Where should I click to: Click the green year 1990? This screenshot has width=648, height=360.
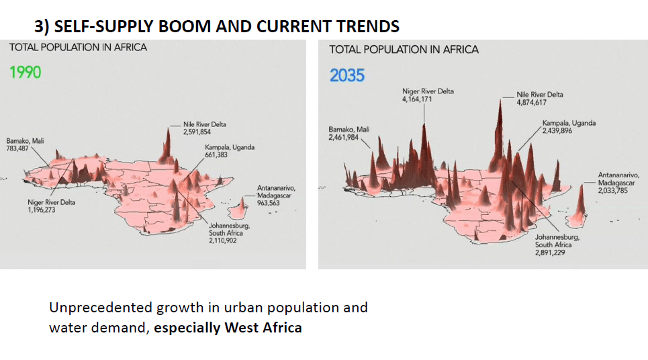tap(25, 72)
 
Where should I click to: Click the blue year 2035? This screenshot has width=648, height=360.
tap(346, 75)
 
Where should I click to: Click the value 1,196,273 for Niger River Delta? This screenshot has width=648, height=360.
tap(42, 210)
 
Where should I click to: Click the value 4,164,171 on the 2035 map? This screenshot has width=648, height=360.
tap(417, 99)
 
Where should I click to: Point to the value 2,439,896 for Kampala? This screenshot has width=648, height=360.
tap(558, 131)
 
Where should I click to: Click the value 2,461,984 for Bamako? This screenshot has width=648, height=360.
tap(344, 137)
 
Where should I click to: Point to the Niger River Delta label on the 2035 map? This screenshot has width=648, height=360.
tap(428, 91)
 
